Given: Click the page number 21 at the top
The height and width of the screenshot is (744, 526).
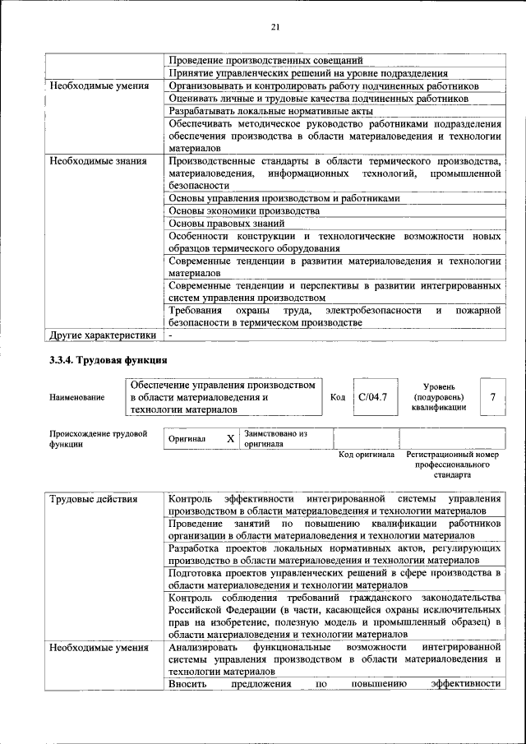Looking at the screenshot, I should (275, 27).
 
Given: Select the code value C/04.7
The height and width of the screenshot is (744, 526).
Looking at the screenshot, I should (372, 397).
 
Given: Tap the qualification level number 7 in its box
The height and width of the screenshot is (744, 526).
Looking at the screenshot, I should (492, 397).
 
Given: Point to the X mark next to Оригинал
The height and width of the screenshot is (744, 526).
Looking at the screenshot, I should (230, 439).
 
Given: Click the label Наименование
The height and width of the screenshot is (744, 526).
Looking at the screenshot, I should (77, 398).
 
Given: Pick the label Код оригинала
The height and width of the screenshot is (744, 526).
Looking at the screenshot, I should (367, 455).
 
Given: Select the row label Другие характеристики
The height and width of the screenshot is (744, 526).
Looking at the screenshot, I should (103, 335).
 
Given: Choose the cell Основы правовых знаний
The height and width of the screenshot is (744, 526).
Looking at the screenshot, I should (227, 223).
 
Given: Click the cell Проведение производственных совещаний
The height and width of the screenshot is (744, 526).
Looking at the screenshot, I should (265, 60).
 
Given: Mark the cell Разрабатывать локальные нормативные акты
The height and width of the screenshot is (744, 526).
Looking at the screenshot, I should (270, 110).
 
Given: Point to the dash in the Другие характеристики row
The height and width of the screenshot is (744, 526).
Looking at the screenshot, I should (171, 335).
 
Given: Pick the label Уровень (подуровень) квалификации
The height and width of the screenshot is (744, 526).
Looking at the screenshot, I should (445, 396).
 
